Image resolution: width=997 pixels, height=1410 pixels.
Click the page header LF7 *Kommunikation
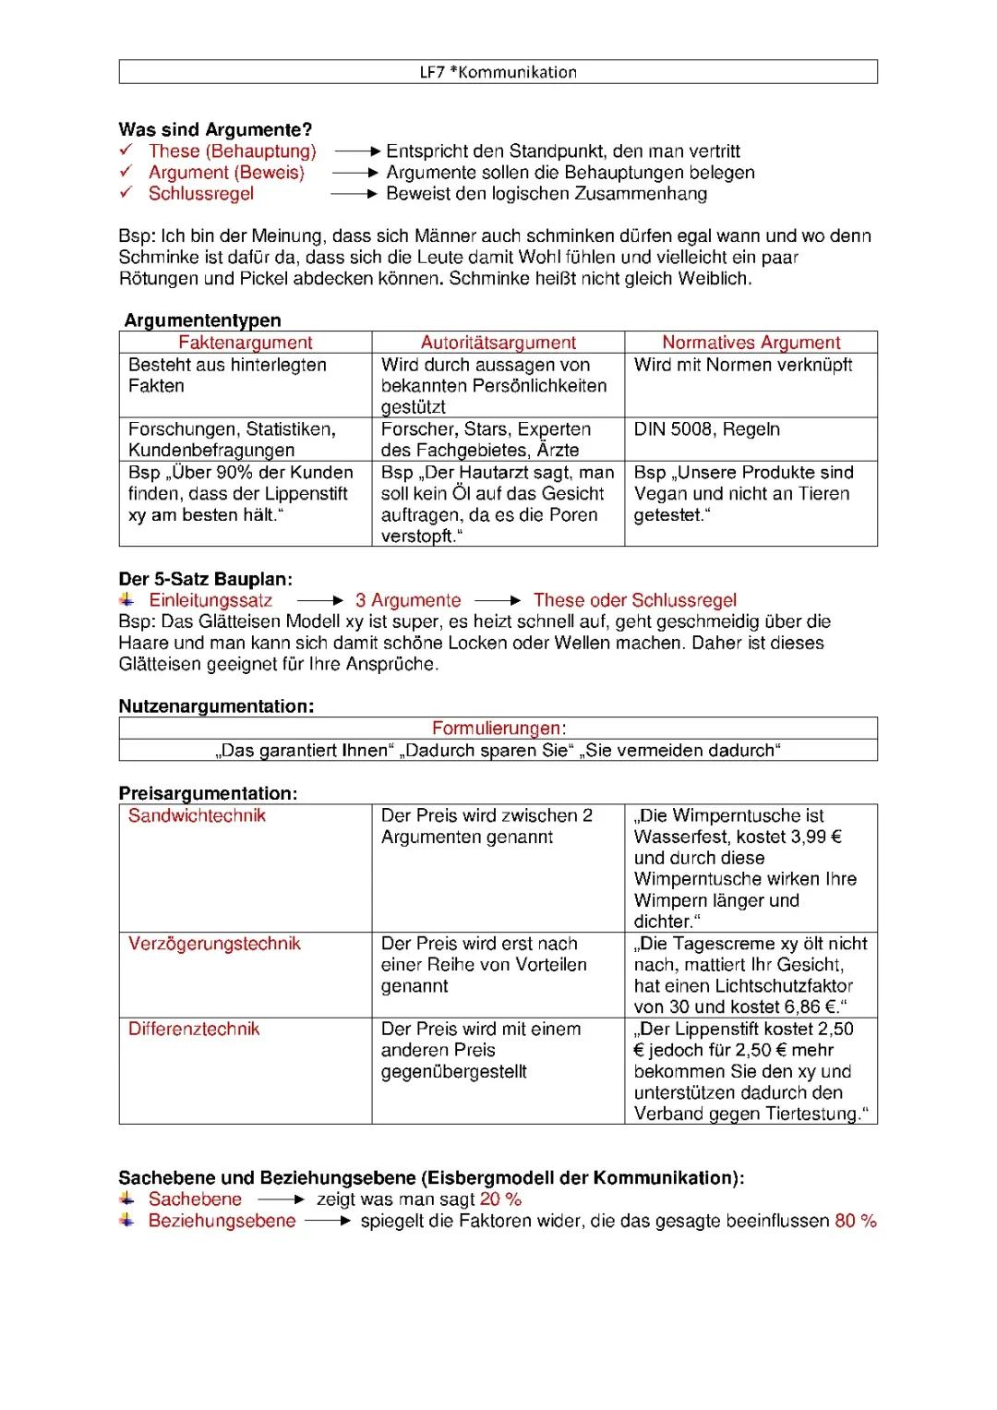(498, 72)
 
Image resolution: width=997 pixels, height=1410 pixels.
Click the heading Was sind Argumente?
(215, 129)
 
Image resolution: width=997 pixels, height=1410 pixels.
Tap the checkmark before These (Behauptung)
(126, 150)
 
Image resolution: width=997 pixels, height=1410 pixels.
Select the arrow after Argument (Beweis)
(355, 173)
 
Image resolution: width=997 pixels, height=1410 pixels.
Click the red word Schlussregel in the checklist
(201, 194)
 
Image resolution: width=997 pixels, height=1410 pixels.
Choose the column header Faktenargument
(246, 343)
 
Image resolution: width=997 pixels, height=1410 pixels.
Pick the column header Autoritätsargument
(498, 343)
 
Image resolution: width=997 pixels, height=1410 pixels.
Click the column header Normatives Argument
(751, 343)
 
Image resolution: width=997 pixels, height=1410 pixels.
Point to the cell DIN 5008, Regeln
(706, 429)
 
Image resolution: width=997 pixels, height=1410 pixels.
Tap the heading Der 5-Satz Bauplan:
(205, 580)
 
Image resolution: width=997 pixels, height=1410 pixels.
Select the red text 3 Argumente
(408, 601)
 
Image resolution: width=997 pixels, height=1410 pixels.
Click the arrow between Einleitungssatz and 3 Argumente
(319, 601)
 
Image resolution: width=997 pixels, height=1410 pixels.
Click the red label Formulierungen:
(498, 729)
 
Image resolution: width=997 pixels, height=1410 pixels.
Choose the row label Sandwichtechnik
(197, 816)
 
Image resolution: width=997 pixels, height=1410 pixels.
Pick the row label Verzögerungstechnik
(214, 944)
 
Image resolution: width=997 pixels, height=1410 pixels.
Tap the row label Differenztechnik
(194, 1030)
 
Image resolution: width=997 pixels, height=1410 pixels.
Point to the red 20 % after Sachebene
(500, 1199)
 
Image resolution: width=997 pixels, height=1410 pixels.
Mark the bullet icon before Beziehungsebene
(126, 1221)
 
